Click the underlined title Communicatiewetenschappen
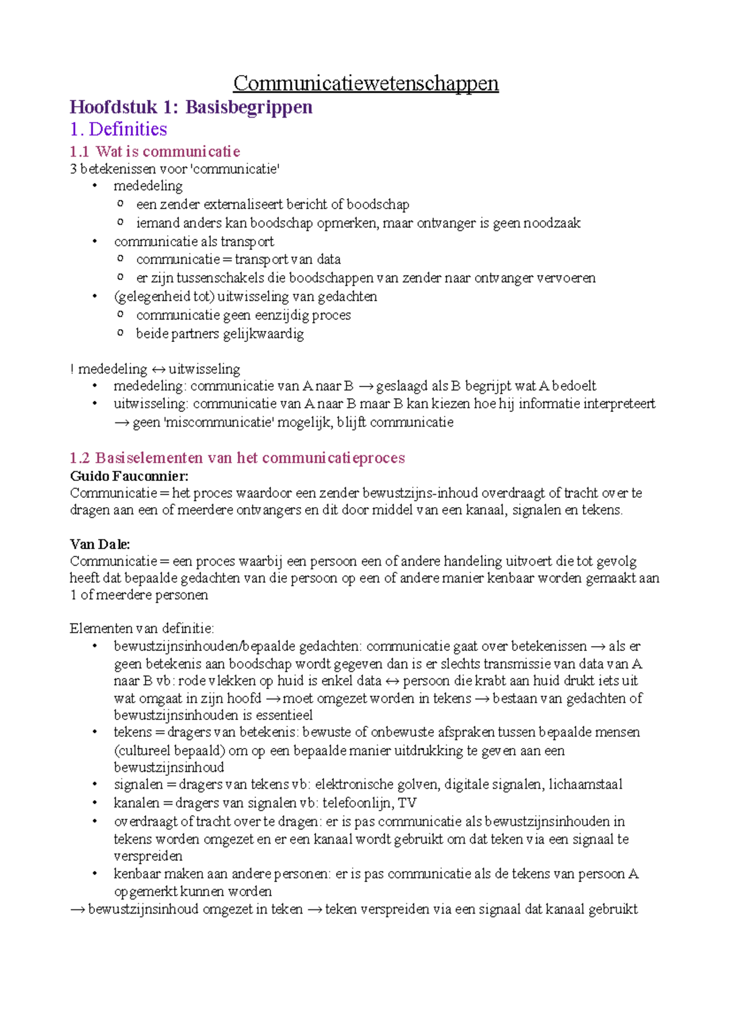pos(365,83)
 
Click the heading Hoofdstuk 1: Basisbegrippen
pos(191,107)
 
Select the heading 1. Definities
pos(118,129)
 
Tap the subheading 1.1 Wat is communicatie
pos(155,151)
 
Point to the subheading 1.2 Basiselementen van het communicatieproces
pos(237,458)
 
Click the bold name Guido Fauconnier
pos(129,475)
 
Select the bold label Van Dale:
pos(100,544)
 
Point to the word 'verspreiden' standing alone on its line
pos(148,856)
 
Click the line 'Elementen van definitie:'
pos(142,628)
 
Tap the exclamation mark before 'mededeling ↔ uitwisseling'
pos(72,369)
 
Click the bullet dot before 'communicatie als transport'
pos(94,241)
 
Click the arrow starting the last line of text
pos(77,910)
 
